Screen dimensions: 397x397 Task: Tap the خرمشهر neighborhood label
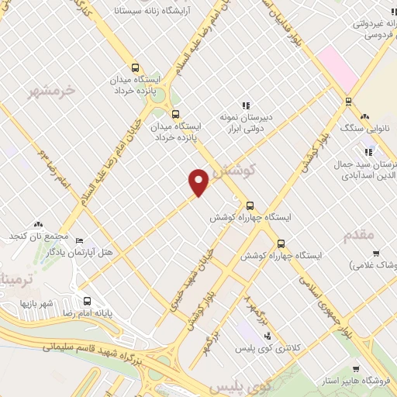pyautogui.click(x=54, y=91)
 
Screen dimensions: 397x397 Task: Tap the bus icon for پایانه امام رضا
pyautogui.click(x=86, y=301)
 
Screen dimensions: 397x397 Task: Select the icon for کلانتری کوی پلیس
pyautogui.click(x=268, y=335)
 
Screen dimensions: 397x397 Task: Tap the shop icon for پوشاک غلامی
pyautogui.click(x=376, y=253)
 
